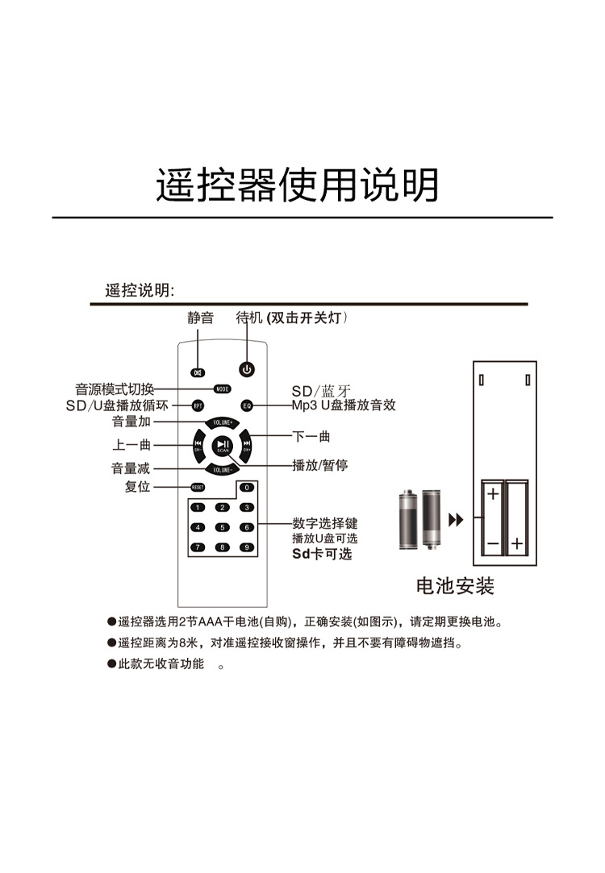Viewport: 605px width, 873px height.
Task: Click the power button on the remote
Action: (x=248, y=370)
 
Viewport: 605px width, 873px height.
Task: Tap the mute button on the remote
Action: (x=198, y=372)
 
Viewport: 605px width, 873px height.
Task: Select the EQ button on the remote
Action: (x=247, y=405)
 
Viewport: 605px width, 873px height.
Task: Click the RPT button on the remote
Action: (x=198, y=405)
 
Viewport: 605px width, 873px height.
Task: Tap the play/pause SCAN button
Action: (x=223, y=445)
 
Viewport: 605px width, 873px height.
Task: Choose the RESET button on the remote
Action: (x=198, y=488)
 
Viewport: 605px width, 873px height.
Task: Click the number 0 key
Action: (x=246, y=488)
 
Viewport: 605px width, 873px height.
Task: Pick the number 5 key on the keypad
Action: (x=223, y=527)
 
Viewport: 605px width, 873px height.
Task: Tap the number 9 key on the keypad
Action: (x=246, y=547)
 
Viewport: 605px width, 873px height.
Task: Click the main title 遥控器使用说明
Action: (x=298, y=186)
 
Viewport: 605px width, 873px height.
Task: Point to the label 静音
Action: (x=201, y=318)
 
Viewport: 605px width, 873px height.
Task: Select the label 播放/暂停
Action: (x=319, y=465)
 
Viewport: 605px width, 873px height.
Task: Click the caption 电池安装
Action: (x=455, y=586)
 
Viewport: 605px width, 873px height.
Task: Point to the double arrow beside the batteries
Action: (x=456, y=520)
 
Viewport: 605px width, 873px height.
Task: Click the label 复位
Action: (x=137, y=488)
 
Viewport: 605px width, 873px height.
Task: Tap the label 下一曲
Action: (x=311, y=436)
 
